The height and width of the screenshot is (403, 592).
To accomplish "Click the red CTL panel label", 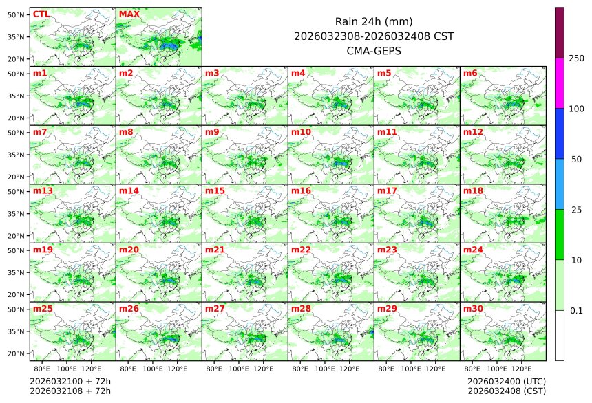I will [x=41, y=14].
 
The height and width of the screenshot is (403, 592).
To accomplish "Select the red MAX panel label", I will [x=129, y=14].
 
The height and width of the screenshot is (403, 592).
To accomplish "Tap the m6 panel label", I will [x=471, y=73].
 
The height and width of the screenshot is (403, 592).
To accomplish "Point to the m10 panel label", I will [x=301, y=132].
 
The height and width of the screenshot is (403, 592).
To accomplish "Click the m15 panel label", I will [x=215, y=190].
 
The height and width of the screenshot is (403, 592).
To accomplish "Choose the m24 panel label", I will [x=473, y=250].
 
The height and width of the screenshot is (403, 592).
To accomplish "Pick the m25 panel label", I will [x=43, y=309].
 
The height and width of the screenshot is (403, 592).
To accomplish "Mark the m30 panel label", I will [x=473, y=309].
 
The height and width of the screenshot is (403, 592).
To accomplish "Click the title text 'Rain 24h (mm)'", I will [x=373, y=21].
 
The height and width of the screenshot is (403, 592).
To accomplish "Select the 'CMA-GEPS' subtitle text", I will [x=373, y=50].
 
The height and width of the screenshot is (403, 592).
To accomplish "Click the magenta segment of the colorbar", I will [x=560, y=83].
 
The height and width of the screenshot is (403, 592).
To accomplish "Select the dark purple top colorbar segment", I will [x=560, y=32].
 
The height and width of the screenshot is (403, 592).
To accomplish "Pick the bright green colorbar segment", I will [x=560, y=234].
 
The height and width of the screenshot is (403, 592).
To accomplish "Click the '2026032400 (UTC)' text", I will [x=506, y=380].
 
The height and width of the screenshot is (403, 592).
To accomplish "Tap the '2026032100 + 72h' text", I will [x=70, y=380].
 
